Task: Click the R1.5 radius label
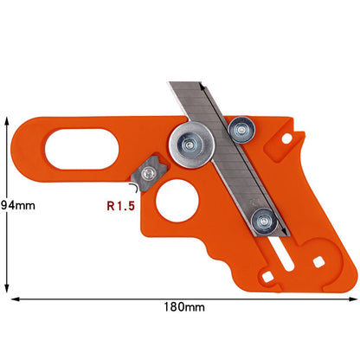pyautogui.click(x=120, y=207)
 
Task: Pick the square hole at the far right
pyautogui.click(x=319, y=260)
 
